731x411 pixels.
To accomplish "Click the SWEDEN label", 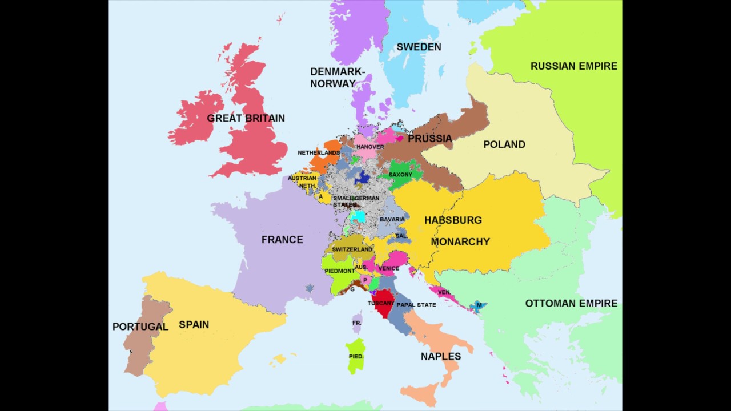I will tap(419, 47).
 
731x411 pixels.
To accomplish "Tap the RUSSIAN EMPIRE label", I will tap(573, 66).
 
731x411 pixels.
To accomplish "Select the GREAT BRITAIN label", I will tap(246, 118).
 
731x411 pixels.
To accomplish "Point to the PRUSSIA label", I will tap(429, 138).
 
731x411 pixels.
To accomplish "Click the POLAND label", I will tap(504, 144).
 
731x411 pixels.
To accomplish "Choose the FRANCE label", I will tap(282, 240).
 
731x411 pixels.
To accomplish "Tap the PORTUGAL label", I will tap(140, 327).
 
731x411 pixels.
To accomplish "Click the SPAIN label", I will tap(194, 324).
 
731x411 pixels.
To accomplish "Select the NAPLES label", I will tap(440, 356).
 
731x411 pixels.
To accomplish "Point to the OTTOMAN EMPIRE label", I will tap(571, 303).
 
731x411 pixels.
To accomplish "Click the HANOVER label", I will tap(370, 147).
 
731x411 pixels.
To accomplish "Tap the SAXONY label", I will tap(400, 175).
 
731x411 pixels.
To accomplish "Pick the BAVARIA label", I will tap(392, 219).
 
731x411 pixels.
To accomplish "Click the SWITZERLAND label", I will tap(352, 249).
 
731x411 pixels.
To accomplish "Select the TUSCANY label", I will tap(380, 303).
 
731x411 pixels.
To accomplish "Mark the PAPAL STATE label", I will tap(416, 305).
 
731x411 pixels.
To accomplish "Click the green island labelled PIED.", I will tap(356, 355).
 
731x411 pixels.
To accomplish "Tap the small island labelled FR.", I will tap(357, 323).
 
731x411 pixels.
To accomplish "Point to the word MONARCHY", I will tap(460, 241).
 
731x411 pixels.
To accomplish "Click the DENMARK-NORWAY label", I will tap(337, 77).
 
